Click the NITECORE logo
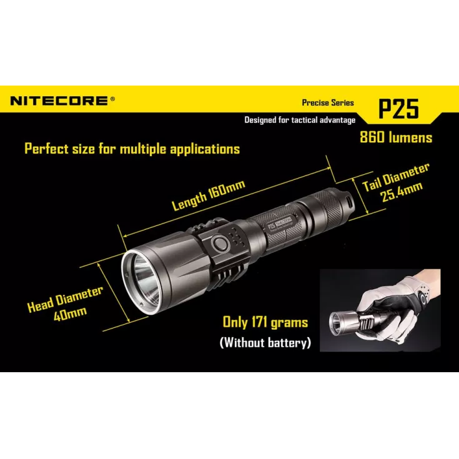pyautogui.click(x=59, y=101)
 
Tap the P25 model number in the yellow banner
pyautogui.click(x=398, y=109)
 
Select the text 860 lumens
pyautogui.click(x=396, y=137)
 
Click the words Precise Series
pyautogui.click(x=328, y=103)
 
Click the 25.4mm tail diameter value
pyautogui.click(x=402, y=192)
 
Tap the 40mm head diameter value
pyautogui.click(x=70, y=313)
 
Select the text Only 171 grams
pyautogui.click(x=265, y=322)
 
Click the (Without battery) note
pyautogui.click(x=265, y=342)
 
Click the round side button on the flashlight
pyautogui.click(x=220, y=244)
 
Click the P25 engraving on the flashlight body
pyautogui.click(x=271, y=225)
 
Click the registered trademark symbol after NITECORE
pyautogui.click(x=112, y=99)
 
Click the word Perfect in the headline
pyautogui.click(x=47, y=149)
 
